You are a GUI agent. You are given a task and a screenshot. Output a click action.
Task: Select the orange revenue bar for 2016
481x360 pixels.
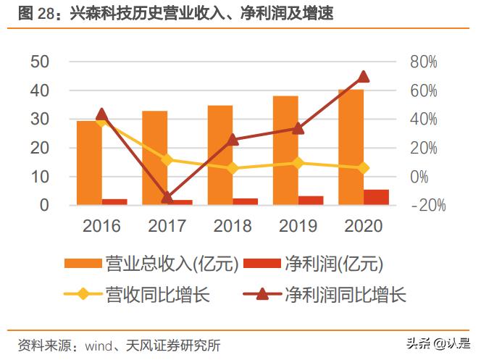click(88, 163)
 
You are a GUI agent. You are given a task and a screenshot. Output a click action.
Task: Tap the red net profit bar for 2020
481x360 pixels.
click(376, 197)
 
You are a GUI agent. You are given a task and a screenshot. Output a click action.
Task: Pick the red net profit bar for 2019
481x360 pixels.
click(311, 200)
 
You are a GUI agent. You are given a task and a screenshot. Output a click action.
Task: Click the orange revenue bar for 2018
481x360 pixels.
click(220, 155)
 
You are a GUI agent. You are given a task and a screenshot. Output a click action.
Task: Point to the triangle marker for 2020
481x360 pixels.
click(364, 77)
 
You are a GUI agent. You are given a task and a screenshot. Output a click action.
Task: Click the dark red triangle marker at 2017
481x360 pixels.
click(167, 197)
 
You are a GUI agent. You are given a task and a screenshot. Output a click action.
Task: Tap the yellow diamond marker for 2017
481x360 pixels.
click(167, 160)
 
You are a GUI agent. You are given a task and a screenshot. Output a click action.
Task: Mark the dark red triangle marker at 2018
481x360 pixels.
click(233, 140)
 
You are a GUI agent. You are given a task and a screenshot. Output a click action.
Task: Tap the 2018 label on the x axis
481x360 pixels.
click(233, 226)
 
